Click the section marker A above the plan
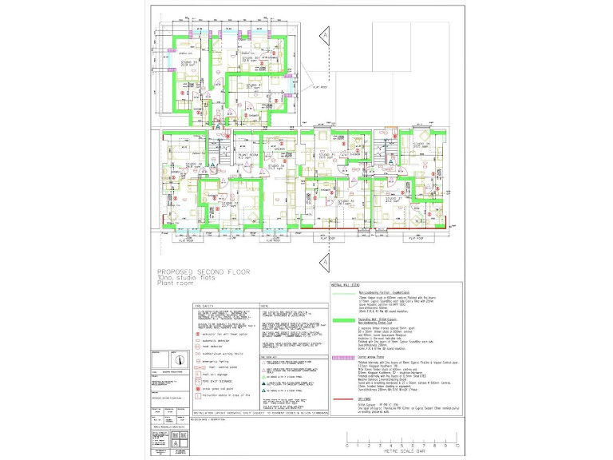coord(325,36)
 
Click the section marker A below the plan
coord(325,262)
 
